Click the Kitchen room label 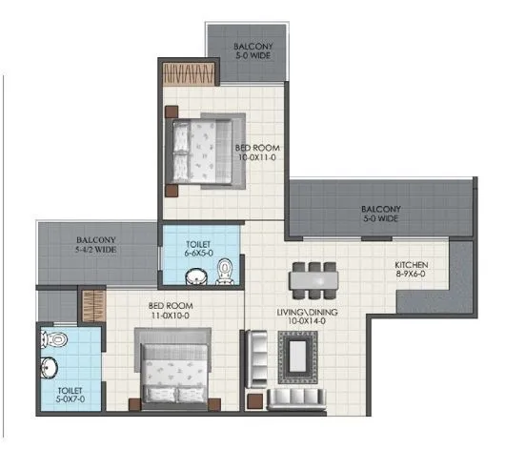[x=412, y=265]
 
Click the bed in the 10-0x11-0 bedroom [x=205, y=151]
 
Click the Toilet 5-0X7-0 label [x=70, y=396]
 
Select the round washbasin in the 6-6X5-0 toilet [x=194, y=276]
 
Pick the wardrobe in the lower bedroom [x=91, y=307]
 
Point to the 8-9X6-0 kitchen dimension [x=411, y=276]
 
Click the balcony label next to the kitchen [x=380, y=214]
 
